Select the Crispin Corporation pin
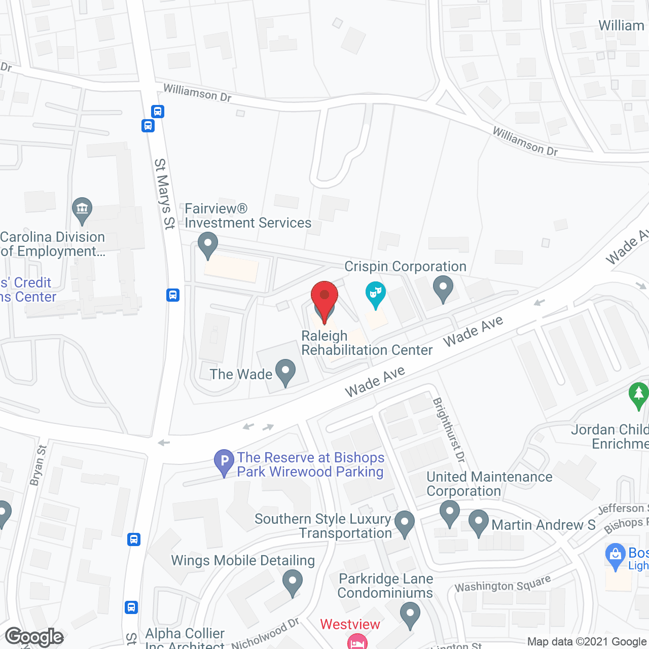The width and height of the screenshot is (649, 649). coord(443,288)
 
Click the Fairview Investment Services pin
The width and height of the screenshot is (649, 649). coord(207,244)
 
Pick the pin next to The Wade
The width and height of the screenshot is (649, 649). coord(285,372)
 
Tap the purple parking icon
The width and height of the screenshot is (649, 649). coord(224,462)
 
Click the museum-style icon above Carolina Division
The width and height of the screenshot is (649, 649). coord(82,209)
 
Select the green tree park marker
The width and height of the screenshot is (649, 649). coord(638,394)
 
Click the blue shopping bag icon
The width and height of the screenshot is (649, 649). coord(616,556)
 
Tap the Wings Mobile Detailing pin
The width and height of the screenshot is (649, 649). coord(292,582)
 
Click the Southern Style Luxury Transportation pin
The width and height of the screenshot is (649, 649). coord(404,523)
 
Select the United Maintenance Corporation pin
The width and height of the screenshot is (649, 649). coord(449,513)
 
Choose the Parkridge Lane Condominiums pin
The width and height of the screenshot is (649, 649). coord(410,615)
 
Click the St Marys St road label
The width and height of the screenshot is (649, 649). coord(164,194)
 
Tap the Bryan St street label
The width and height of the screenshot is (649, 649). coord(38,465)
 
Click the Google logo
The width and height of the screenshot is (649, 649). coord(34,637)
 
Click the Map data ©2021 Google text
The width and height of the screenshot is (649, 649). coord(587,641)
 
